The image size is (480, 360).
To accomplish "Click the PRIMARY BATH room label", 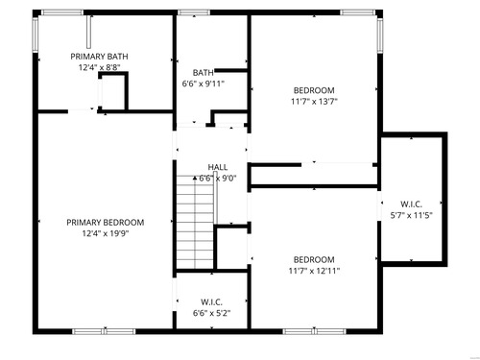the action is pyautogui.click(x=99, y=57).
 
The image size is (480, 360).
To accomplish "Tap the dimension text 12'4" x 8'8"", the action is pyautogui.click(x=99, y=67).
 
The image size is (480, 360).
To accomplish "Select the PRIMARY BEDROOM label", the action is pyautogui.click(x=106, y=223).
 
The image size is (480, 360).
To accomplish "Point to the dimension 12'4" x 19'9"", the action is pyautogui.click(x=106, y=233).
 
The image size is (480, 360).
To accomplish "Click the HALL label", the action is pyautogui.click(x=218, y=167).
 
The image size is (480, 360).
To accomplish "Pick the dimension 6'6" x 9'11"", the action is pyautogui.click(x=204, y=84).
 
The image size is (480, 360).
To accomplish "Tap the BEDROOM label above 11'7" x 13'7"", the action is pyautogui.click(x=314, y=90).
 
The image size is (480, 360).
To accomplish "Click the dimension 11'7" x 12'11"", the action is pyautogui.click(x=314, y=271).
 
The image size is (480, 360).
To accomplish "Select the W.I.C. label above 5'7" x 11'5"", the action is pyautogui.click(x=411, y=204).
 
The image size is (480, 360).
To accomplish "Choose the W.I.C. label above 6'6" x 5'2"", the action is pyautogui.click(x=211, y=302).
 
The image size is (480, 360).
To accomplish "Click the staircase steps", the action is pyautogui.click(x=195, y=222).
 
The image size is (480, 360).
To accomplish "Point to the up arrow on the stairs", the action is pyautogui.click(x=195, y=178).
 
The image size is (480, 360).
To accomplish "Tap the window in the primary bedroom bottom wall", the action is pyautogui.click(x=104, y=331).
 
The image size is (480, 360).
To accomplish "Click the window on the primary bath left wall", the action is pyautogui.click(x=36, y=35).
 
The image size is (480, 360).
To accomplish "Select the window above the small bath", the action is pyautogui.click(x=194, y=12).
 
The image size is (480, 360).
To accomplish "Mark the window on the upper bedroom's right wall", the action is pyautogui.click(x=380, y=36).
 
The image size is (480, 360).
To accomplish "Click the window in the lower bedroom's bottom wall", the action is pyautogui.click(x=315, y=331).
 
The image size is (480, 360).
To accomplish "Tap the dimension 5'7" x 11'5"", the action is pyautogui.click(x=411, y=215).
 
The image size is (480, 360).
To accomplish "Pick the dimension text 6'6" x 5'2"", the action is pyautogui.click(x=211, y=313).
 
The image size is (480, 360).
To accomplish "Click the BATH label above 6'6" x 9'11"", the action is pyautogui.click(x=204, y=73).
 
